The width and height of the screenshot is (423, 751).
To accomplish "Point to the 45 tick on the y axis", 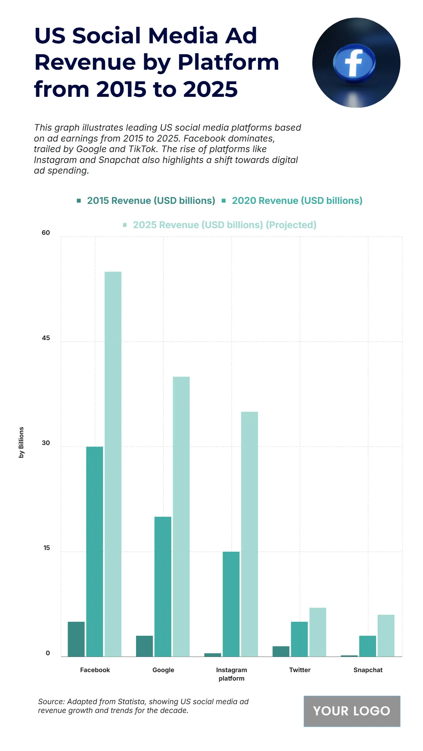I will (x=46, y=338).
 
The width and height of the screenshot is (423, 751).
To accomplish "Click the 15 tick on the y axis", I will (x=47, y=548).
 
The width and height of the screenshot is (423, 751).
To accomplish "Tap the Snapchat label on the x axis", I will (x=368, y=670).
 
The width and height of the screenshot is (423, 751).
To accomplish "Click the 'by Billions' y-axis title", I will (x=22, y=442).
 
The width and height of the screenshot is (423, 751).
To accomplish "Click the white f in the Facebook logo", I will (x=354, y=63).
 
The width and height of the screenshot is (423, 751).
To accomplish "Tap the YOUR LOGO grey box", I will (x=352, y=711).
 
